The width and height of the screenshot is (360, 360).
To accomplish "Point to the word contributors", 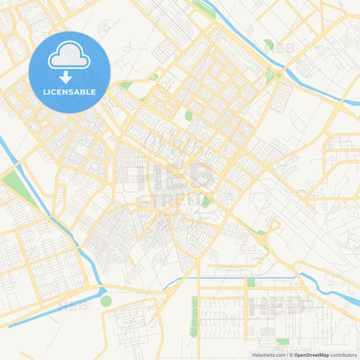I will pyautogui.click(x=344, y=355).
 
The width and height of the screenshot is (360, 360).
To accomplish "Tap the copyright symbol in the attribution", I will pyautogui.click(x=291, y=355).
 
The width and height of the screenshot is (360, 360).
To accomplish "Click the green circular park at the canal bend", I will pyautogui.click(x=106, y=301).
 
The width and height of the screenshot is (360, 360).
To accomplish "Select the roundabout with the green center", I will pyautogui.click(x=278, y=74).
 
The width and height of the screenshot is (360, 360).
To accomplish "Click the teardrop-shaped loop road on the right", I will pyautogui.click(x=274, y=225).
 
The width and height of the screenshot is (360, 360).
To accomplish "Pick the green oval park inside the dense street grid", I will pyautogui.click(x=189, y=115).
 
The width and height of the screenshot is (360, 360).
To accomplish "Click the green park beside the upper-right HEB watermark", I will pyautogui.click(x=269, y=45).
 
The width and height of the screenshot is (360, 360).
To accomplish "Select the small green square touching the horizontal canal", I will pyautogui.click(x=251, y=282).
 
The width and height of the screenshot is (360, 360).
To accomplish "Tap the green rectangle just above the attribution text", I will pyautogui.click(x=282, y=341).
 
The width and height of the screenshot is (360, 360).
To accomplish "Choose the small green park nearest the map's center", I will pyautogui.click(x=205, y=201).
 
